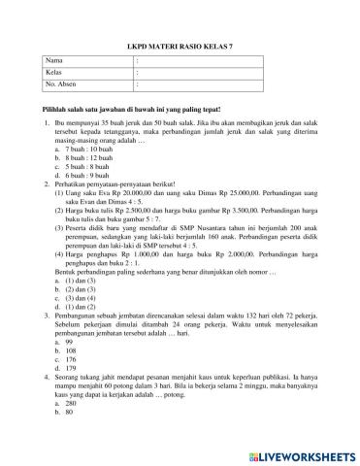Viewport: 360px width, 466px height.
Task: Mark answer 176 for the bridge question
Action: (x=70, y=362)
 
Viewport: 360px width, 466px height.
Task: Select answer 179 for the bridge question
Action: (x=70, y=372)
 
